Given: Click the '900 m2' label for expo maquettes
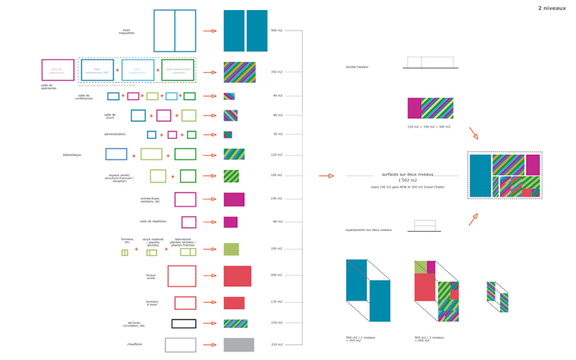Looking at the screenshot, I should [x=276, y=31].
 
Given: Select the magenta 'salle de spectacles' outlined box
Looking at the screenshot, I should [x=58, y=70].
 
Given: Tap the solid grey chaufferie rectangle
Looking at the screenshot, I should [x=239, y=344].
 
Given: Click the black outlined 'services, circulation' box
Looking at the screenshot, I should [x=184, y=323].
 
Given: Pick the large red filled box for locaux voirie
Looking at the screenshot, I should [x=238, y=275].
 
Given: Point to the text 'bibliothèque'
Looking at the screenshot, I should [x=72, y=155].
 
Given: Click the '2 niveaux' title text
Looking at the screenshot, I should [x=552, y=8].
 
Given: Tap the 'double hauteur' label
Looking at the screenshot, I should [x=358, y=67].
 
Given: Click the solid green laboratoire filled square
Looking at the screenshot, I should [x=231, y=249].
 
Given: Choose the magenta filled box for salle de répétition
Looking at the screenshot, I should [x=230, y=222].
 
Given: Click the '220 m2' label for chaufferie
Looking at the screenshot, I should [x=276, y=344].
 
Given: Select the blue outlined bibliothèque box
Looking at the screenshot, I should [x=116, y=154].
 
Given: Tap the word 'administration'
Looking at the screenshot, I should [x=115, y=134].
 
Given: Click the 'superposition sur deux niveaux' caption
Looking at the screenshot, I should [x=369, y=230].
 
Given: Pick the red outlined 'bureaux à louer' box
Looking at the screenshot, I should [x=185, y=303].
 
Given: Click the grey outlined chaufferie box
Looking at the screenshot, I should [x=181, y=344].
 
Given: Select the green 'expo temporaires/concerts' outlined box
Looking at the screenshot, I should [x=178, y=70].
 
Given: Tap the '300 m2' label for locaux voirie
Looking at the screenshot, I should [x=276, y=275].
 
